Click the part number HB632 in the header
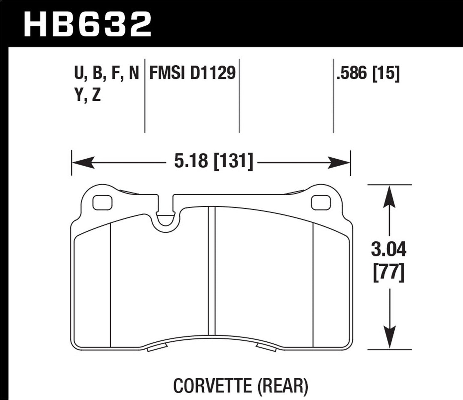[87, 24]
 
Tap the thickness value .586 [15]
[367, 73]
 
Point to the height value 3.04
[388, 250]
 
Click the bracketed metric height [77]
[389, 273]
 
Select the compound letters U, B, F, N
[106, 73]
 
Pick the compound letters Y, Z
[87, 95]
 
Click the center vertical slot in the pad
[211, 272]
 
